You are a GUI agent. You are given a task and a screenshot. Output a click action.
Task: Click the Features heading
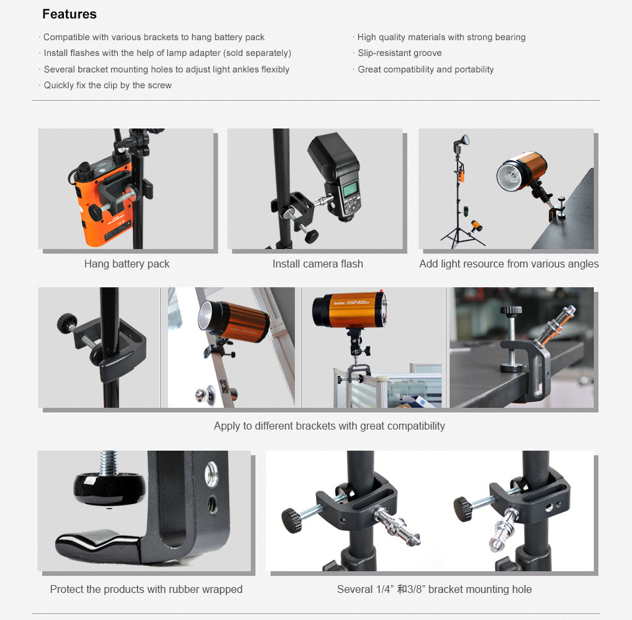(x=69, y=14)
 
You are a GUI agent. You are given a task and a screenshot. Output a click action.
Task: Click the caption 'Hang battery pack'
(x=127, y=264)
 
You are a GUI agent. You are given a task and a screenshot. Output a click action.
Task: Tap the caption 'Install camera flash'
(x=317, y=264)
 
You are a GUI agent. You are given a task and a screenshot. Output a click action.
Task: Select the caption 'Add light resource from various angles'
(x=509, y=264)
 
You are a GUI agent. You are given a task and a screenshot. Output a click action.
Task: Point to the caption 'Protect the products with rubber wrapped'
(x=146, y=589)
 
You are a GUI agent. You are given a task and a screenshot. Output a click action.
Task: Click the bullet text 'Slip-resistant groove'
(x=400, y=53)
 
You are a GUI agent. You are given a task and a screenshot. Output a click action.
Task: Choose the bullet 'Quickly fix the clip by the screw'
(x=107, y=85)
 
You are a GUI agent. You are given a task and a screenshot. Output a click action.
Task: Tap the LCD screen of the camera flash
(x=350, y=189)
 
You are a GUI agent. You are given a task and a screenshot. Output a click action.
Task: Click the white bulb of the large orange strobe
(x=511, y=176)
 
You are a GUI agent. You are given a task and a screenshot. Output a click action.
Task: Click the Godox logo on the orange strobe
(x=339, y=302)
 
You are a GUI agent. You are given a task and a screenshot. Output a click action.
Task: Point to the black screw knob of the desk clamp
(x=511, y=310)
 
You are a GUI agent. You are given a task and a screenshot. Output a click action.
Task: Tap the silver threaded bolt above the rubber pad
(x=109, y=463)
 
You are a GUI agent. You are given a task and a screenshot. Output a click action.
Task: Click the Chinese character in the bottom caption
(x=402, y=589)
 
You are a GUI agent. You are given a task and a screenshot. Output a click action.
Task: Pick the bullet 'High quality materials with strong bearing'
(x=441, y=37)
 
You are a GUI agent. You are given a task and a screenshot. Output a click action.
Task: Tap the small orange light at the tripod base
(x=477, y=225)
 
